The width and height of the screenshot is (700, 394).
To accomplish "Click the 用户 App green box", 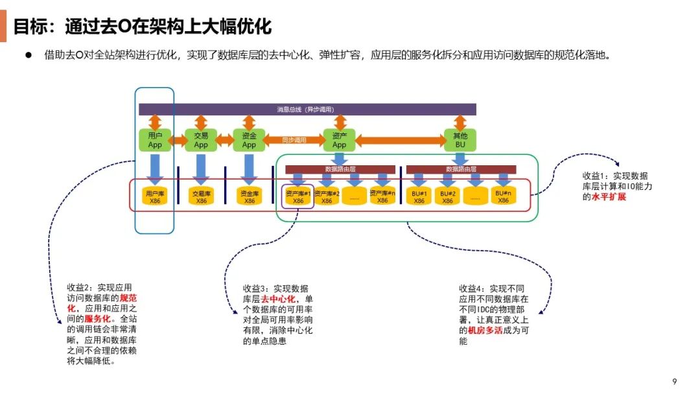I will click(155, 139).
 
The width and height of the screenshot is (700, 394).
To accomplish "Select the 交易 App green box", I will click(201, 139).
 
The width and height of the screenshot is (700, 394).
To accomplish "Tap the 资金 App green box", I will click(250, 139).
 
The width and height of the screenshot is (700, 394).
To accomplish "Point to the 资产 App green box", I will click(339, 139).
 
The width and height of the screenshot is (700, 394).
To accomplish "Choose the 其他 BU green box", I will click(460, 139).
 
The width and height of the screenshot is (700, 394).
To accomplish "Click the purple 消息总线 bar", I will click(307, 109).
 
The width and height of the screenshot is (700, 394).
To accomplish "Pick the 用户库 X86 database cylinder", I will click(155, 196).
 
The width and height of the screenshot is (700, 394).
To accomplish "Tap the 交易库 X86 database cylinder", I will click(202, 196).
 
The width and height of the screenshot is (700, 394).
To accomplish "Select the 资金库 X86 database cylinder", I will click(250, 196).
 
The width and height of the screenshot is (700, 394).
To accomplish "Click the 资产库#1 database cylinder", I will click(298, 196).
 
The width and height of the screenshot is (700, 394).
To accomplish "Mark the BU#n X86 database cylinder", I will click(504, 196).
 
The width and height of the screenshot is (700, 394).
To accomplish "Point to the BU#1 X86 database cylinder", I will click(419, 196).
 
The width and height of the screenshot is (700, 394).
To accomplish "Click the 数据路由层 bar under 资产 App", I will click(340, 169).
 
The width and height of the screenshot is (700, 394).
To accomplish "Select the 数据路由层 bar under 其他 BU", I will click(461, 169).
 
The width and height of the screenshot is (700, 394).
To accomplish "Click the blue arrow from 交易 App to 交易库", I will click(201, 167).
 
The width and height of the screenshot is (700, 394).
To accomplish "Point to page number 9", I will click(674, 381).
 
